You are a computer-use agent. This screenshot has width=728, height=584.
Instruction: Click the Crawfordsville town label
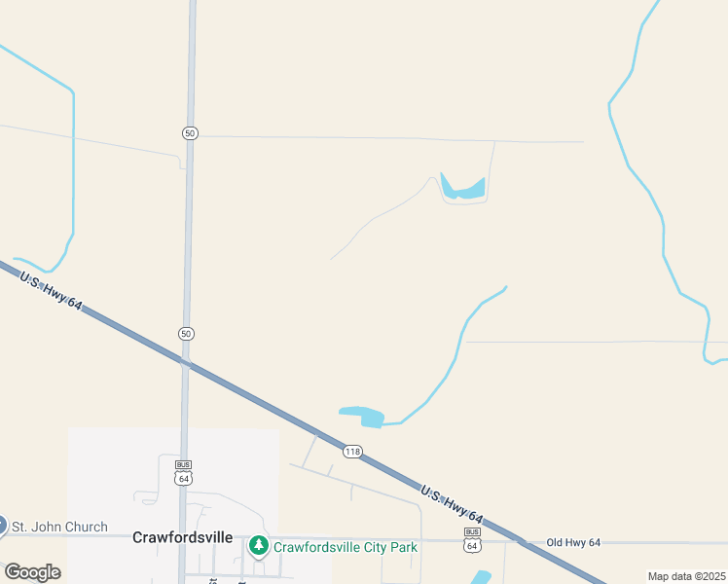click(182, 536)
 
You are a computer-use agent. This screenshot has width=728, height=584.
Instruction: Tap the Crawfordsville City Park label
click(346, 547)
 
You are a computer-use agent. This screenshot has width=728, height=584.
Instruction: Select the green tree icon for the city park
click(258, 546)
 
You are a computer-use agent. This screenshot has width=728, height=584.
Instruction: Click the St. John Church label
click(59, 528)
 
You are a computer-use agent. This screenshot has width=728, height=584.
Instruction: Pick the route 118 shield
click(352, 452)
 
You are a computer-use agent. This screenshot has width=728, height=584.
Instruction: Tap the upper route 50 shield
click(190, 132)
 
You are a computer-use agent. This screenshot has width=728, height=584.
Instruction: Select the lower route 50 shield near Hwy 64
click(187, 334)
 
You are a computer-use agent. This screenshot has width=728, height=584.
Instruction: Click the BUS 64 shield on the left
click(183, 472)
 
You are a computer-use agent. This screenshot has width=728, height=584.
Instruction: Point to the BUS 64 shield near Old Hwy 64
click(472, 540)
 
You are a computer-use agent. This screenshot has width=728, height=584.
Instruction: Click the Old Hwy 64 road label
click(574, 542)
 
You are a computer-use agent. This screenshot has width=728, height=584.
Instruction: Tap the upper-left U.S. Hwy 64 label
click(51, 290)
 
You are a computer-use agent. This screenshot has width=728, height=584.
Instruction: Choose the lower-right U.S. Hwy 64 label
click(452, 501)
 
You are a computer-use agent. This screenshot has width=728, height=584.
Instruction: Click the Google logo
click(32, 571)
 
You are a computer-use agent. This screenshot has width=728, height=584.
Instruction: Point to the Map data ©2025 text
click(686, 576)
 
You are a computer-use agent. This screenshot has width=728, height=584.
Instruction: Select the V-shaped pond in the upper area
click(461, 189)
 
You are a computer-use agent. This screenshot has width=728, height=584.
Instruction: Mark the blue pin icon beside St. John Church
click(2, 526)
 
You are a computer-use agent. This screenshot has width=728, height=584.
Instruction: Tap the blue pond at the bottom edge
click(479, 578)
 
